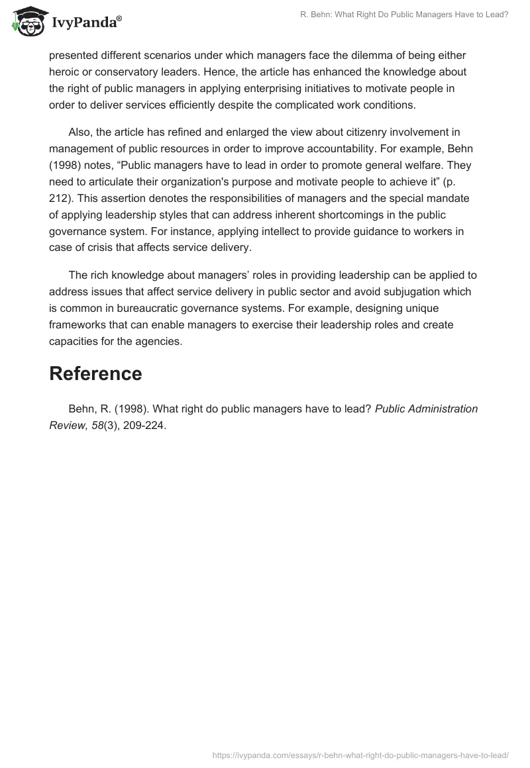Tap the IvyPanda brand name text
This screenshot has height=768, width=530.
click(86, 23)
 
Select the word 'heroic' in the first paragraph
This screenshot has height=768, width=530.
click(64, 72)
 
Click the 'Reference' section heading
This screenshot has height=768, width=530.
click(95, 374)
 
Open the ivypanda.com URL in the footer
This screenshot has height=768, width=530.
click(360, 754)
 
